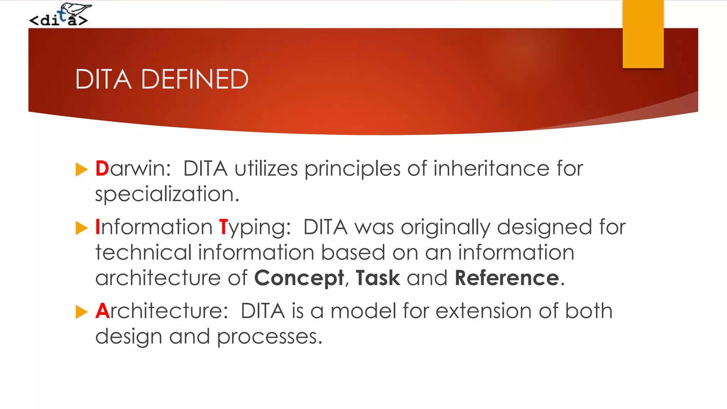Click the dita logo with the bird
(60, 15)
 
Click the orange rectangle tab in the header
(643, 34)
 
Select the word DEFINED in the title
(195, 79)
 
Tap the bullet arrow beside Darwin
(82, 170)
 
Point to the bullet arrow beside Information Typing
(82, 228)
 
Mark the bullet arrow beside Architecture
(82, 312)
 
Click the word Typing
(255, 228)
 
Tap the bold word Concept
(299, 278)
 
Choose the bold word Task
(378, 278)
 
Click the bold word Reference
(507, 278)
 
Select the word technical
(143, 252)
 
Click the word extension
(483, 311)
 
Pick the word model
(363, 311)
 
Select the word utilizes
(266, 169)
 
